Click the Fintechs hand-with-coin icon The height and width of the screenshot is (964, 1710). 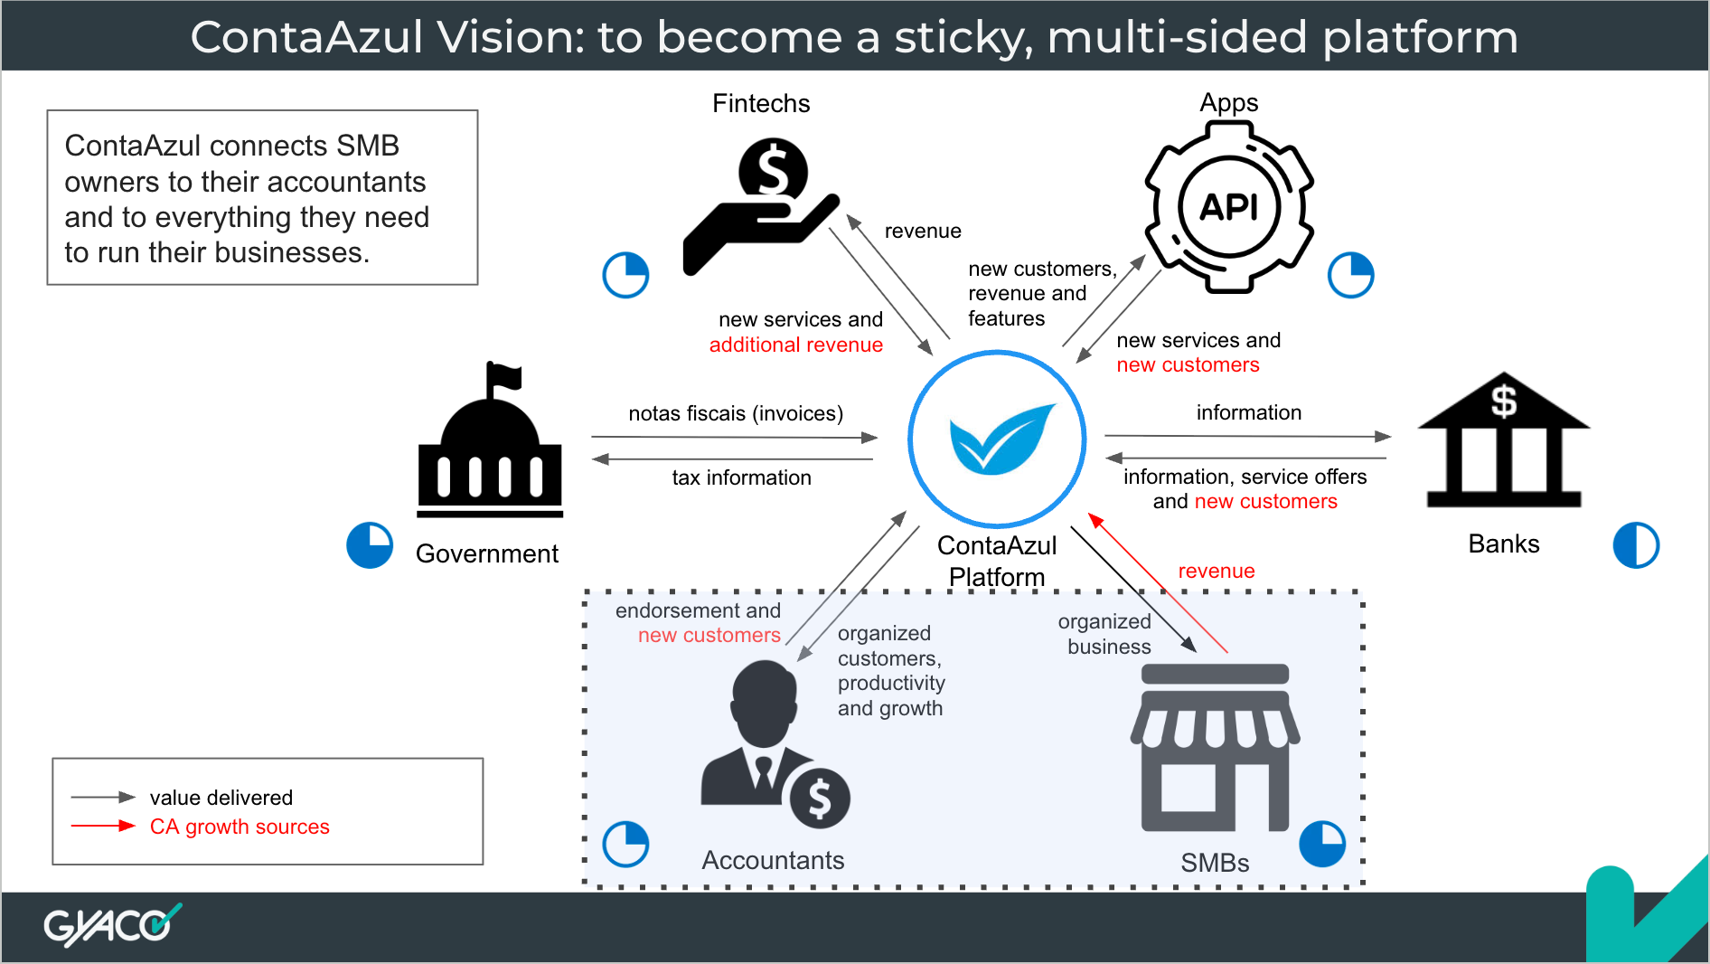click(x=762, y=206)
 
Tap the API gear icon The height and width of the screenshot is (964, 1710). click(x=1229, y=207)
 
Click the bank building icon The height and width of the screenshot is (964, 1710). click(x=1504, y=439)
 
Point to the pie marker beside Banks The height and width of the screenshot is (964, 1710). click(x=1637, y=545)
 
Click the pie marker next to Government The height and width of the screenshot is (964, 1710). click(x=370, y=545)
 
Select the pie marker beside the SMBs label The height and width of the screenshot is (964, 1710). click(x=1322, y=844)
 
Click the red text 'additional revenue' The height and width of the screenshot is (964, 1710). click(x=796, y=345)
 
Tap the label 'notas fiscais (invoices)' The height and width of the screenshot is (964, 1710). click(x=736, y=413)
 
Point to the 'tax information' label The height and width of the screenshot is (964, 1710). click(x=742, y=477)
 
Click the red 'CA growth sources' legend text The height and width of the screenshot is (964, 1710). click(x=240, y=827)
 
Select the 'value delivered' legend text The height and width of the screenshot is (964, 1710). click(x=221, y=798)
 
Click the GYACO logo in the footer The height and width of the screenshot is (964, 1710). click(x=112, y=925)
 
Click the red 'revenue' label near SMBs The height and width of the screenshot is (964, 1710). click(x=1217, y=571)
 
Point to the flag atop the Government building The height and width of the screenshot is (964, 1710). click(x=503, y=375)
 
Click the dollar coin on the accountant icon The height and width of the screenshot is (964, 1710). click(x=820, y=799)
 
